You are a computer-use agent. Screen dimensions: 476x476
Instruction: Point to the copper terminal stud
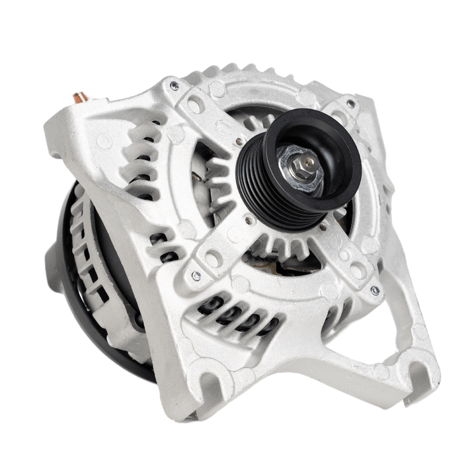pos(81,97)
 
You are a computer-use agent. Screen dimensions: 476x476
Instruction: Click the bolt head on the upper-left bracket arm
pos(175,86)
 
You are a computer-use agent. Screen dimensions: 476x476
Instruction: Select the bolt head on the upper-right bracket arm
pos(351,104)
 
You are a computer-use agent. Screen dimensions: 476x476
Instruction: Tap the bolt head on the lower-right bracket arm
pos(375,290)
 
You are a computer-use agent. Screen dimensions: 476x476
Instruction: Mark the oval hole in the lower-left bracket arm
pos(213,258)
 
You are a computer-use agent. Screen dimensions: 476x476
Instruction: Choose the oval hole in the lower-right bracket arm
pos(357,270)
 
